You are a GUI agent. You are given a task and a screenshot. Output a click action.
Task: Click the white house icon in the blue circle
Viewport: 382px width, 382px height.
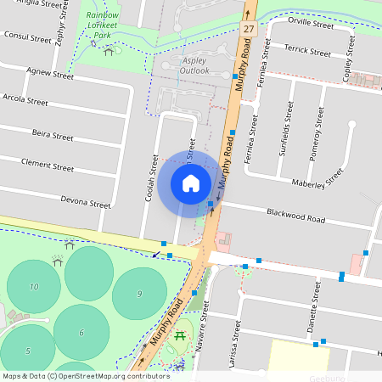pos(191,183)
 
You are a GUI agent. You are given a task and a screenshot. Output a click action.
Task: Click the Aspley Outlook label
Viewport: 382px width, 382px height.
pos(194,65)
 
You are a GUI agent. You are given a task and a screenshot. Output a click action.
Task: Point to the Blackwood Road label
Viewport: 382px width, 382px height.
pos(295,218)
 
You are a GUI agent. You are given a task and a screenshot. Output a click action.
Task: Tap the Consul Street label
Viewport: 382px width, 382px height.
pos(29,38)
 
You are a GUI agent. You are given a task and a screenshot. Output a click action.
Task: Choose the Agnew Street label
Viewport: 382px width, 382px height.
pos(50,74)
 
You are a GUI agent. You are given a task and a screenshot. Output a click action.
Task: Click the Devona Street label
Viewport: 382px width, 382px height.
pos(86,204)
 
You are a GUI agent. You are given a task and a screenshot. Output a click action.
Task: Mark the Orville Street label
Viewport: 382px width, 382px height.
pos(310,25)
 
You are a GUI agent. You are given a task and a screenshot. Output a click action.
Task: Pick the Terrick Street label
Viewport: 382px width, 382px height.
pos(307,52)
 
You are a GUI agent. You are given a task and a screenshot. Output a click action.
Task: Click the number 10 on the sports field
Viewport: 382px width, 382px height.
pos(34,287)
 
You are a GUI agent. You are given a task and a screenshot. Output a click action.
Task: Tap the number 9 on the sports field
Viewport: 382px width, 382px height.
pos(138,294)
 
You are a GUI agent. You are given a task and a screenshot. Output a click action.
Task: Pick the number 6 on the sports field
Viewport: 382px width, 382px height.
pos(81,333)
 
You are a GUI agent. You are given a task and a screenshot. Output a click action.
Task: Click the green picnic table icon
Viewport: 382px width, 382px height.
pos(180,338)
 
